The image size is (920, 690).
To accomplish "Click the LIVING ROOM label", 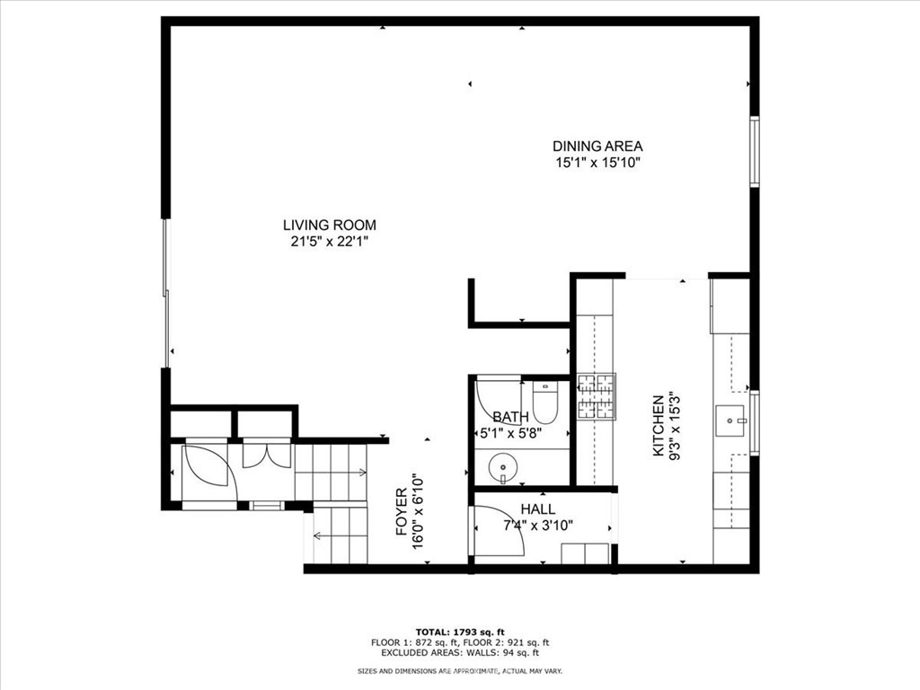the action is pyautogui.click(x=329, y=225).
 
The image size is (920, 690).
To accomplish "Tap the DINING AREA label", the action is pyautogui.click(x=597, y=146).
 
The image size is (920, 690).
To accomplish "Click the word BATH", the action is pyautogui.click(x=510, y=417).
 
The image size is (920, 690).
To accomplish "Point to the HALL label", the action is pyautogui.click(x=538, y=509).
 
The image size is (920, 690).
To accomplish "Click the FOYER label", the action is pyautogui.click(x=402, y=511).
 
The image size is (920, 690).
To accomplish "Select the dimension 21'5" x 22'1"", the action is pyautogui.click(x=329, y=241).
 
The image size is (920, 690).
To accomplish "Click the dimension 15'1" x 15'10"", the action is pyautogui.click(x=597, y=163).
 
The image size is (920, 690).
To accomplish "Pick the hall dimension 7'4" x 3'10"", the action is pyautogui.click(x=538, y=525).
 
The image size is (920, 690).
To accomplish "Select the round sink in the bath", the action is pyautogui.click(x=503, y=467).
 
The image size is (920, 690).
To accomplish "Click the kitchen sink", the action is pyautogui.click(x=730, y=420).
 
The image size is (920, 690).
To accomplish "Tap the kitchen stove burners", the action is pyautogui.click(x=597, y=396).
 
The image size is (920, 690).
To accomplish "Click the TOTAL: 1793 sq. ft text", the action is pyautogui.click(x=460, y=632).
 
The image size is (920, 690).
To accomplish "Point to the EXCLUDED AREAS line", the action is pyautogui.click(x=460, y=652).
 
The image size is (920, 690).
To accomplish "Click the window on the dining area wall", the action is pyautogui.click(x=754, y=152).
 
